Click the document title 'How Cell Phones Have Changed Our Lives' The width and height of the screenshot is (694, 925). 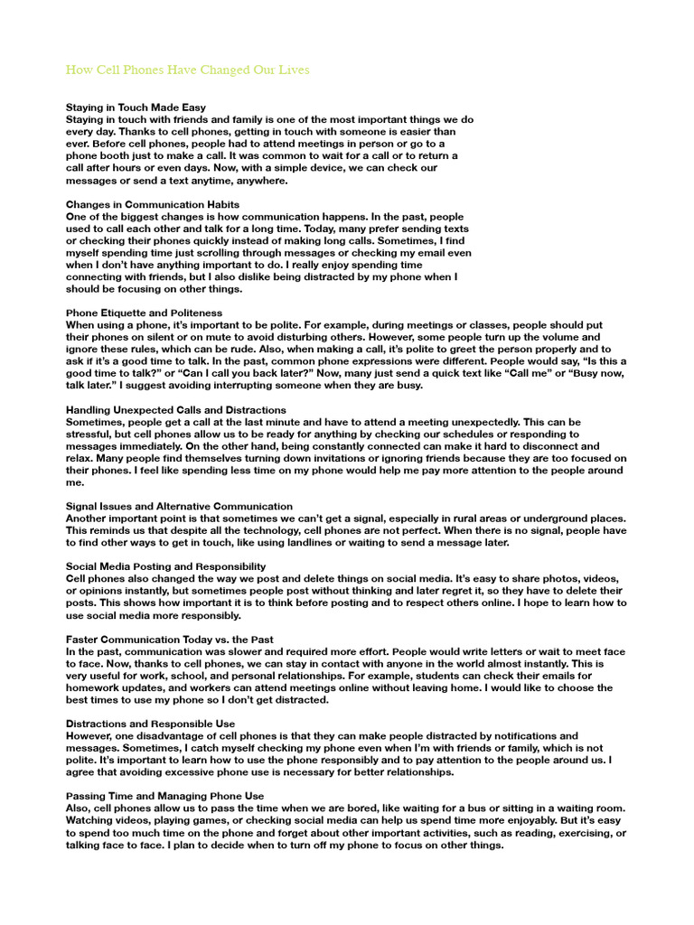click(188, 70)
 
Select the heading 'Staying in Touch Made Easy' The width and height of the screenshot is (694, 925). click(136, 107)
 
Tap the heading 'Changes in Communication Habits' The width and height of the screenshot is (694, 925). click(153, 205)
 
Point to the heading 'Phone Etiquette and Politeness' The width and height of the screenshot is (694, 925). click(144, 313)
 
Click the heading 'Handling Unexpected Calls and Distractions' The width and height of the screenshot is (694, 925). click(176, 410)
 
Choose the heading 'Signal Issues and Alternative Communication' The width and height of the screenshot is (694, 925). click(179, 506)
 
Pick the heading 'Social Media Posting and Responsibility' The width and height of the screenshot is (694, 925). click(166, 566)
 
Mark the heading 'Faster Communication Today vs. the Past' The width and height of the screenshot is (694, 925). click(170, 640)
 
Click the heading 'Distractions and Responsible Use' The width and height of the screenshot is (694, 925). click(151, 724)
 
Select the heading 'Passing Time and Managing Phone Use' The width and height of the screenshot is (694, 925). click(161, 797)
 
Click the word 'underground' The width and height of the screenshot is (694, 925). click(558, 519)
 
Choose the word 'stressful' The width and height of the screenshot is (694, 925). click(92, 434)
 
